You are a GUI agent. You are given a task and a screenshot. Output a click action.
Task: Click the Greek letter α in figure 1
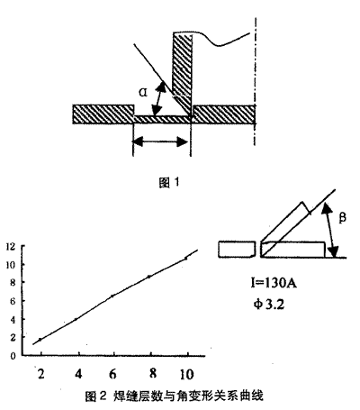tap(143, 93)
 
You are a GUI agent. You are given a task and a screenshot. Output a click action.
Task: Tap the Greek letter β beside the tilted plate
tap(342, 217)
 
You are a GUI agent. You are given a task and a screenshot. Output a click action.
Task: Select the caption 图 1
tap(169, 182)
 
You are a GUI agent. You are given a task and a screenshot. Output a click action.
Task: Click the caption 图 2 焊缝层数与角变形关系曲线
tap(174, 396)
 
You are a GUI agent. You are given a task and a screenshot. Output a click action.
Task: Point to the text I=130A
tap(274, 283)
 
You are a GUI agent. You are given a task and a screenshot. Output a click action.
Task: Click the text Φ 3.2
tap(269, 305)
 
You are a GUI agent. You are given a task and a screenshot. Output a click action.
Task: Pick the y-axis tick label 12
tap(11, 247)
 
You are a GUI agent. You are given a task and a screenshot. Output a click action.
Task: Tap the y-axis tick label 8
tap(13, 283)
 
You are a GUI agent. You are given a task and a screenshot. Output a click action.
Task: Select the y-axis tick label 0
tap(13, 356)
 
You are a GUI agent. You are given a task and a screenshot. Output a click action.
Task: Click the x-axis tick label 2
tap(41, 374)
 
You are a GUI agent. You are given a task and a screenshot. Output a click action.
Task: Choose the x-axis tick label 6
tap(112, 374)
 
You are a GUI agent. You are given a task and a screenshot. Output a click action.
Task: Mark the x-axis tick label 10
tap(186, 375)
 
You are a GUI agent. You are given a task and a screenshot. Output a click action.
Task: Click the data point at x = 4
tap(76, 319)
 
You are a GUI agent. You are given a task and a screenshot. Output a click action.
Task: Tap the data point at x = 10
tap(186, 258)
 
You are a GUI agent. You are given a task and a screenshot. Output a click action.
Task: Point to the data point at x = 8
tap(149, 277)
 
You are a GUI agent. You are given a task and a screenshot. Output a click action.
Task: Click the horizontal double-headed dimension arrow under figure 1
tap(161, 141)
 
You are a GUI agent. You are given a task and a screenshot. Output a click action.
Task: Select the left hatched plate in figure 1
tap(103, 114)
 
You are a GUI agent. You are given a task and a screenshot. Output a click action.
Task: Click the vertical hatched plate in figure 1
tap(182, 74)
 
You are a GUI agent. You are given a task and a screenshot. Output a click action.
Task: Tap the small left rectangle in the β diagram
tap(237, 249)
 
